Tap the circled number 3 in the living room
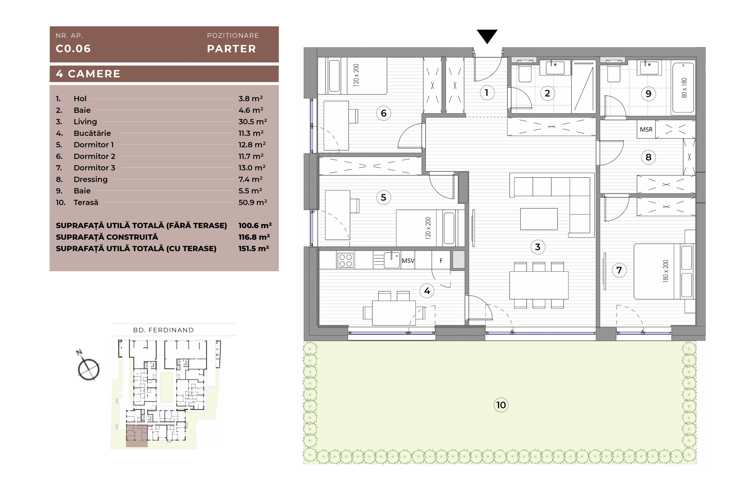click(x=538, y=247)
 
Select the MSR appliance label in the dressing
click(x=646, y=129)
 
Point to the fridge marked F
click(x=441, y=260)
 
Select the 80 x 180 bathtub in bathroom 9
click(x=683, y=88)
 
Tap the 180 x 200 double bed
click(x=664, y=271)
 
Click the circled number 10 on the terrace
click(x=501, y=405)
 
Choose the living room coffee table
click(x=539, y=219)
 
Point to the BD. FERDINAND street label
click(x=163, y=330)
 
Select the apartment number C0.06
click(x=73, y=49)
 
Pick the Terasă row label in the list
click(x=86, y=202)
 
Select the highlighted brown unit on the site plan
click(x=137, y=436)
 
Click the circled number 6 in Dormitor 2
click(x=383, y=113)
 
